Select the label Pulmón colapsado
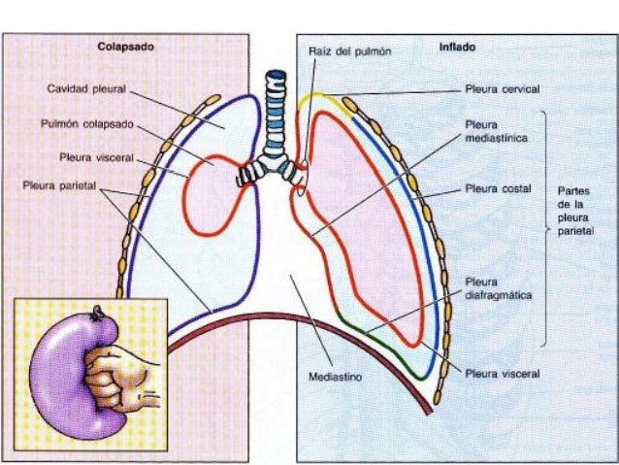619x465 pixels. coord(87,123)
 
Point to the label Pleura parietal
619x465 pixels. coord(60,184)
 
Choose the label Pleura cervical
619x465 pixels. coord(502,88)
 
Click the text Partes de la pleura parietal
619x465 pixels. coord(582,212)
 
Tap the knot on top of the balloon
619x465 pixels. coord(97,313)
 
